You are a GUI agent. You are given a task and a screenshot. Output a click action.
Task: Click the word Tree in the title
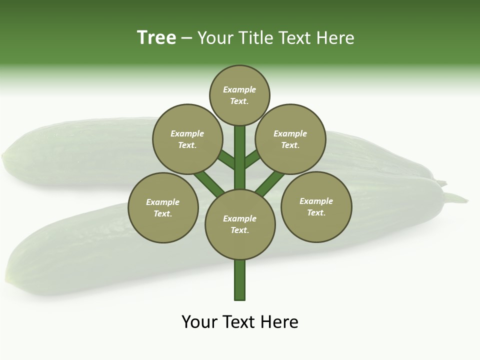(156, 37)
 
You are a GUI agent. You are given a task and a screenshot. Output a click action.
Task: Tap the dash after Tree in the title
(186, 38)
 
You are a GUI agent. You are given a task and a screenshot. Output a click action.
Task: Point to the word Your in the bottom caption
(198, 322)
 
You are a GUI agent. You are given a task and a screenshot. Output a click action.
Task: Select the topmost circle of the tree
(239, 95)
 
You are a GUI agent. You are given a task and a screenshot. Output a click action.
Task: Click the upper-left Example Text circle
(187, 139)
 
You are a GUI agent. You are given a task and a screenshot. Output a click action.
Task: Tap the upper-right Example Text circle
(290, 139)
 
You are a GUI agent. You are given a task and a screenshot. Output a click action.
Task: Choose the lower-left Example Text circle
(163, 207)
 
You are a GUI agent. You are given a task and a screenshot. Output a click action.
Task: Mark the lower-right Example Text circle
(316, 206)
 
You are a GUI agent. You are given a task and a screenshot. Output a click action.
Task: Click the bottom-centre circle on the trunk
(240, 224)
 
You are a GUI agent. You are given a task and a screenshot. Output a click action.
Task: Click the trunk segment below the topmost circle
(240, 150)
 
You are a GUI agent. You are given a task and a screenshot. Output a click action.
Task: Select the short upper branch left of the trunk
(226, 159)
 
